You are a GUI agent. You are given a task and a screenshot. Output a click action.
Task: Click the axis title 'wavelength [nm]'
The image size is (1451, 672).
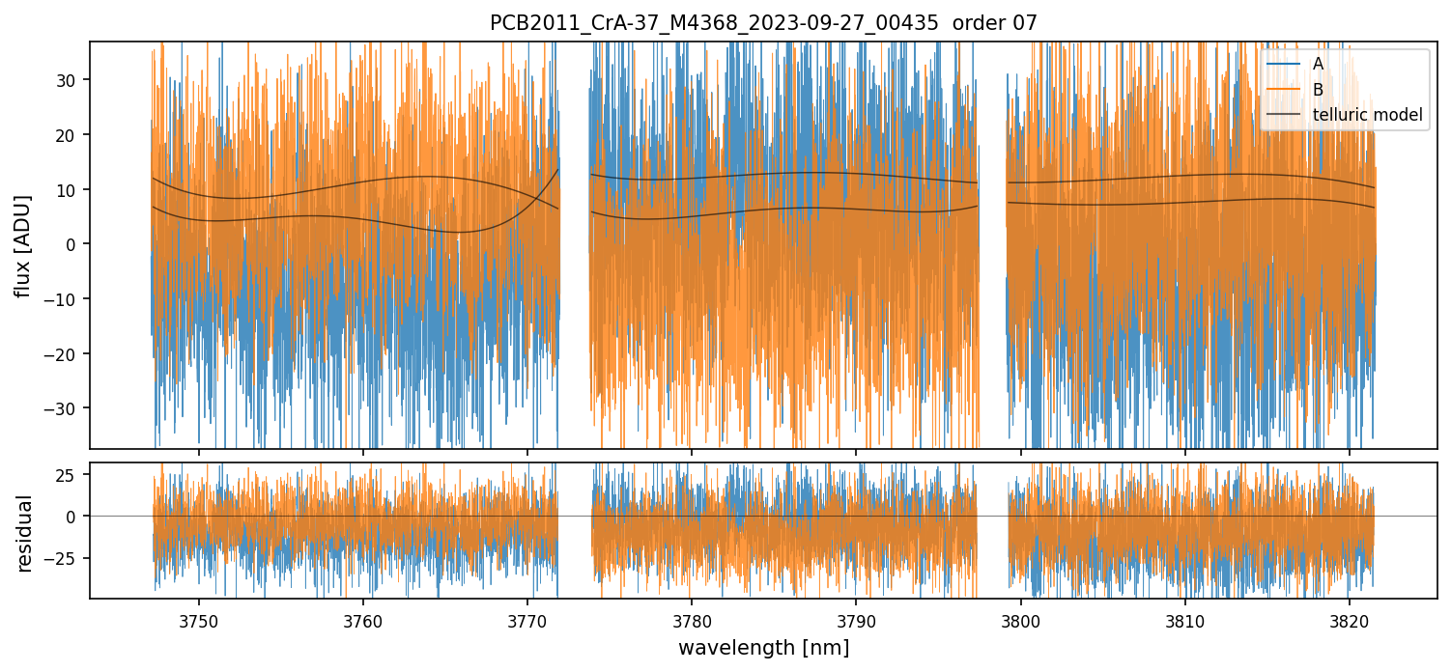[x=763, y=647]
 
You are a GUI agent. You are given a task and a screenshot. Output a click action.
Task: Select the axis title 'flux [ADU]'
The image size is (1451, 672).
[x=23, y=245]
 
